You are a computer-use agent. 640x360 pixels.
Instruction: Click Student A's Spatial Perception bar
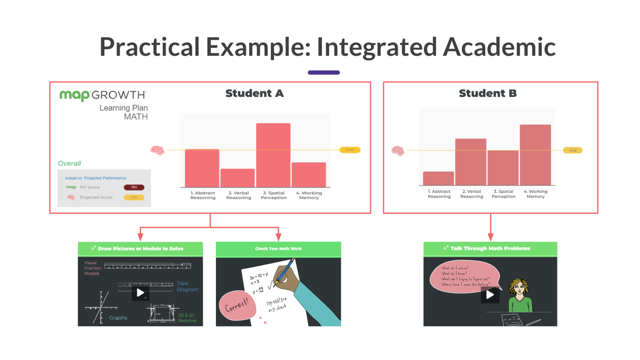[273, 155]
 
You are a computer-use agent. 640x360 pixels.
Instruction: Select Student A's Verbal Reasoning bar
[237, 178]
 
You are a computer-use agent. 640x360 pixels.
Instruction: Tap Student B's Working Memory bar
[535, 155]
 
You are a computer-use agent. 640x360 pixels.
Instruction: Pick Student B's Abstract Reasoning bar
[438, 178]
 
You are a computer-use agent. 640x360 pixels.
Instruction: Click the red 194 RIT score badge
[134, 187]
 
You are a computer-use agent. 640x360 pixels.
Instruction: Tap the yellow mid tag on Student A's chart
[350, 150]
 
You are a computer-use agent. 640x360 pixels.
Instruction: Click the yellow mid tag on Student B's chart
[572, 150]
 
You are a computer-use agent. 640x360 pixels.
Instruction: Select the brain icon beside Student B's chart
[398, 151]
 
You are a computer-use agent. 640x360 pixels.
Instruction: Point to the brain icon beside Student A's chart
[157, 150]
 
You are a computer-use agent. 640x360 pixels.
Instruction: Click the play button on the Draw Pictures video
[140, 293]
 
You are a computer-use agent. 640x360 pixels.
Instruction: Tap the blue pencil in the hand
[285, 272]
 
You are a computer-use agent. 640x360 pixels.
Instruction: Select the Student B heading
[488, 93]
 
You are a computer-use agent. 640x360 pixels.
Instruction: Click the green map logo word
[74, 95]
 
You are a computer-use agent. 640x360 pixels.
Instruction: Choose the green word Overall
[69, 163]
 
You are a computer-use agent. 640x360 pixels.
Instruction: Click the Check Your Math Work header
[278, 249]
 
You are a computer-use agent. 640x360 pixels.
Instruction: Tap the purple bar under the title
[324, 72]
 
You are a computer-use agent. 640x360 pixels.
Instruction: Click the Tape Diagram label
[187, 286]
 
